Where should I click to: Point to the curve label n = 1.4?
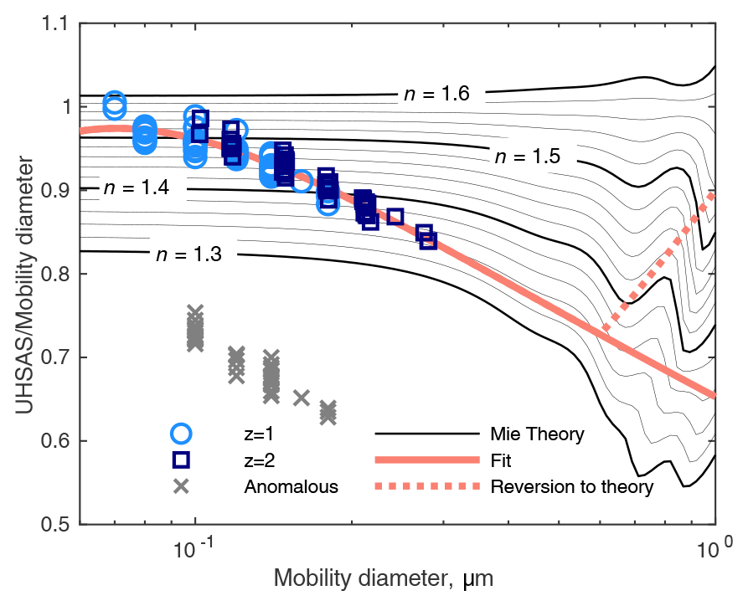tap(137, 187)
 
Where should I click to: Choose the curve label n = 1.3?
tap(188, 254)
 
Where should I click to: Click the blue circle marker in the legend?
tap(181, 434)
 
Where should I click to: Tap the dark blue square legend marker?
tap(181, 460)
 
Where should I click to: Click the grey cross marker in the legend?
tap(181, 485)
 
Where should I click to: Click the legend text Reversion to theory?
tap(571, 486)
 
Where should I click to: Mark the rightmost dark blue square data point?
tap(428, 241)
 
